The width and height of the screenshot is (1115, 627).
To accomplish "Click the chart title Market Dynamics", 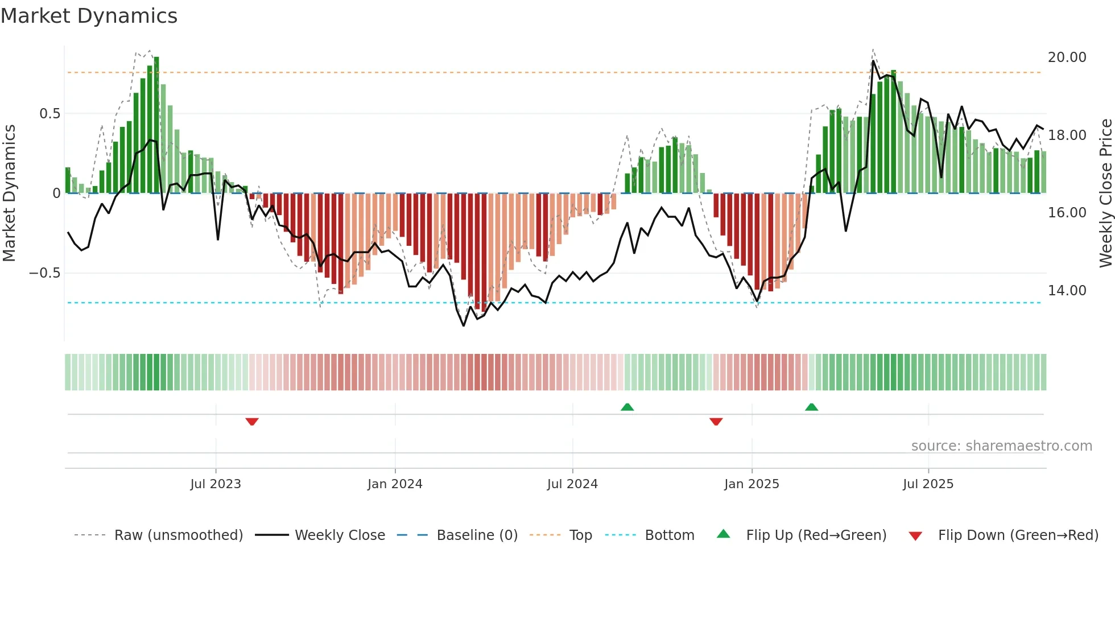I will [x=89, y=16].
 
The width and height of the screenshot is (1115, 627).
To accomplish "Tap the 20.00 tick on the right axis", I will [x=1067, y=57].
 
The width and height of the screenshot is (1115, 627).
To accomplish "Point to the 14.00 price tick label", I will [x=1067, y=291].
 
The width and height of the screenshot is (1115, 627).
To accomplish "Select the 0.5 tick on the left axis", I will [x=49, y=114].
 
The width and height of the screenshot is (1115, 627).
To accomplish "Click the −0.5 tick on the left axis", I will [x=44, y=273].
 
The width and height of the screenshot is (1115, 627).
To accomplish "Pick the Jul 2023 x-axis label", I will [x=216, y=484].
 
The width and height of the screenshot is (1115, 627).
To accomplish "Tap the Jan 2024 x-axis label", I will [x=395, y=484].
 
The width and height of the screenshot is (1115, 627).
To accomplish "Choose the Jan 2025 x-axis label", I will [x=751, y=484].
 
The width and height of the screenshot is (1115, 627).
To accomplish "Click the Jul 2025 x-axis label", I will [x=928, y=484].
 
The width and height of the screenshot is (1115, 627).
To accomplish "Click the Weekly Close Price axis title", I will [x=1105, y=193].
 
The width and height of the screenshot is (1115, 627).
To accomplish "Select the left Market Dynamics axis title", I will [x=9, y=193].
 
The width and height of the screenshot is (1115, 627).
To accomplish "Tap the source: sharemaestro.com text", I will [x=1001, y=446].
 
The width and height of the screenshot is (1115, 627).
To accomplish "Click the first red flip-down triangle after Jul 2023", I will [x=252, y=421].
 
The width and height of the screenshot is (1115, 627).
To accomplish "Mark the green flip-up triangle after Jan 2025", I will [x=812, y=407].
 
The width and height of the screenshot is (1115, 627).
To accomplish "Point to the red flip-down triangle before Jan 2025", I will [x=716, y=421].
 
